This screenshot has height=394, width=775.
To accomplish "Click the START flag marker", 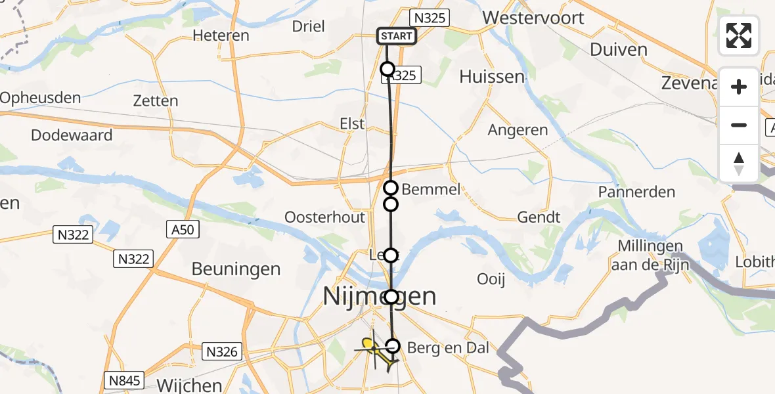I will coord(397,36).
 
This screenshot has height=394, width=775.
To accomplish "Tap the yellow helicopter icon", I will coord(376,350).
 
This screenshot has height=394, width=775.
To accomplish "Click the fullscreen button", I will coord(739,35).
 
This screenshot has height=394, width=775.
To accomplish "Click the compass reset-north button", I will coord(739,163).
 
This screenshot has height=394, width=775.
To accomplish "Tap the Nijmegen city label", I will coord(380,296).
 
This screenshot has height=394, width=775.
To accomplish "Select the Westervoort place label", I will coord(533,18).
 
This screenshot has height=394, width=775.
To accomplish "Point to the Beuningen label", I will coord(236,269).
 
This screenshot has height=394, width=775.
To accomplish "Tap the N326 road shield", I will coord(221,351).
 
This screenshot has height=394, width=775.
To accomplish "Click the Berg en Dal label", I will coord(448,348).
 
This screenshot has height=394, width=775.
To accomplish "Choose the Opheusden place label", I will coord(41,98).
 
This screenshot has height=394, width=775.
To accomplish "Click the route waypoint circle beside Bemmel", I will coord(391,188).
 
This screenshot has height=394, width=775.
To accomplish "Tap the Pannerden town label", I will coord(636,192).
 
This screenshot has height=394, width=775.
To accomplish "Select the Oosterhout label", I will coord(324,217).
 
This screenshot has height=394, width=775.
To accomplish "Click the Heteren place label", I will coord(221,35).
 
